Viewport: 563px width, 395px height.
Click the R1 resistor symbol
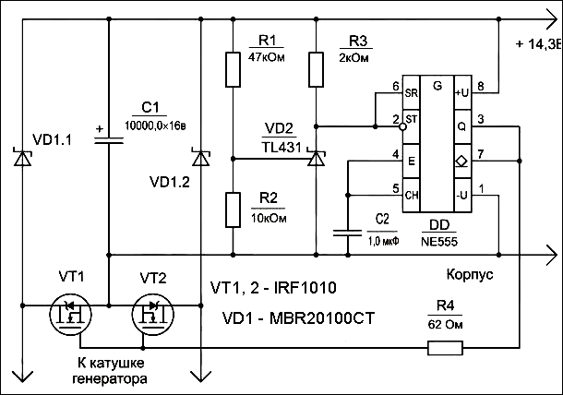(233, 69)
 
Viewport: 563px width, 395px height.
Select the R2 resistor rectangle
(233, 209)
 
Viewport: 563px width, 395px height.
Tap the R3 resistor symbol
(316, 69)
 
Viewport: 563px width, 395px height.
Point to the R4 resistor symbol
(445, 348)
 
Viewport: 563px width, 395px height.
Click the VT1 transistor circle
(71, 315)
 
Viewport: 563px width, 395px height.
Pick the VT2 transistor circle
(153, 315)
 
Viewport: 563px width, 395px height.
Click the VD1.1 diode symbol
(23, 157)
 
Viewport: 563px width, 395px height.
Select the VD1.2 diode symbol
(200, 157)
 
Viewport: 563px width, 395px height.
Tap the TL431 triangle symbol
(316, 158)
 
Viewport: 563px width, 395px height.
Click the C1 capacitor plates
(109, 140)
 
